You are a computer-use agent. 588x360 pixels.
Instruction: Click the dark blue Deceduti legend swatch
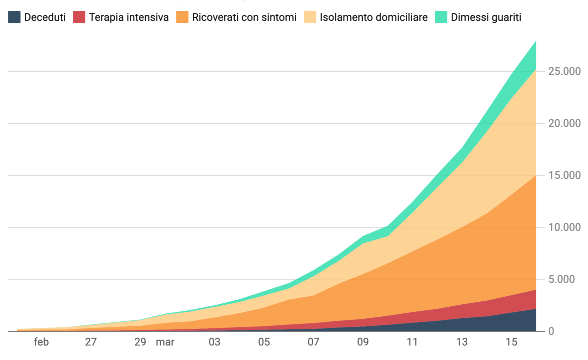(x=14, y=17)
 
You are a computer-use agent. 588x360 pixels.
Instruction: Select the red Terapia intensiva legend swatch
(x=79, y=17)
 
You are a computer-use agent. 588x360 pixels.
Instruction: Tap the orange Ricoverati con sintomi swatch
(x=182, y=17)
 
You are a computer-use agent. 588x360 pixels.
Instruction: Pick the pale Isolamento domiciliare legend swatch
(x=310, y=17)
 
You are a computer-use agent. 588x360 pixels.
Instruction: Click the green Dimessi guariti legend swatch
(x=441, y=17)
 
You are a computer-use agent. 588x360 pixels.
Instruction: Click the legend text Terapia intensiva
(x=129, y=17)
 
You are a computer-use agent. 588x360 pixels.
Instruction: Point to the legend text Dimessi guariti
(x=486, y=17)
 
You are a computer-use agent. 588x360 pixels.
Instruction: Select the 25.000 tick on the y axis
(x=565, y=71)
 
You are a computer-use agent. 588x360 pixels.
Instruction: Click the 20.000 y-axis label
(x=565, y=123)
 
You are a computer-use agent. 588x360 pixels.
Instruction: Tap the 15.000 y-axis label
(x=565, y=175)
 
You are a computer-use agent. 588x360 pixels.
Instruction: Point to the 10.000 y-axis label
(x=565, y=227)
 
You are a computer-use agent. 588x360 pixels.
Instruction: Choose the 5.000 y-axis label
(x=562, y=279)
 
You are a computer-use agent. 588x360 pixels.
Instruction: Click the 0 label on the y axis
(x=551, y=331)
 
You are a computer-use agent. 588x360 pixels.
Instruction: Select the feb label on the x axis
(x=41, y=342)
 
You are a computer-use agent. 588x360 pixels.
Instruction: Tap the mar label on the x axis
(x=165, y=342)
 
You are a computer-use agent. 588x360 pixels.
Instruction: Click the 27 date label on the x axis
(x=91, y=342)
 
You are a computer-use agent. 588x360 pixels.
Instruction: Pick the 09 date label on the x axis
(x=363, y=342)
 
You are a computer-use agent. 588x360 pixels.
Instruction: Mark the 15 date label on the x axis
(x=511, y=342)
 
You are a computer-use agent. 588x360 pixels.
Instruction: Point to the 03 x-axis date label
(x=214, y=342)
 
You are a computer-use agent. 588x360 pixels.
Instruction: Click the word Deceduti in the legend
(x=45, y=17)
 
